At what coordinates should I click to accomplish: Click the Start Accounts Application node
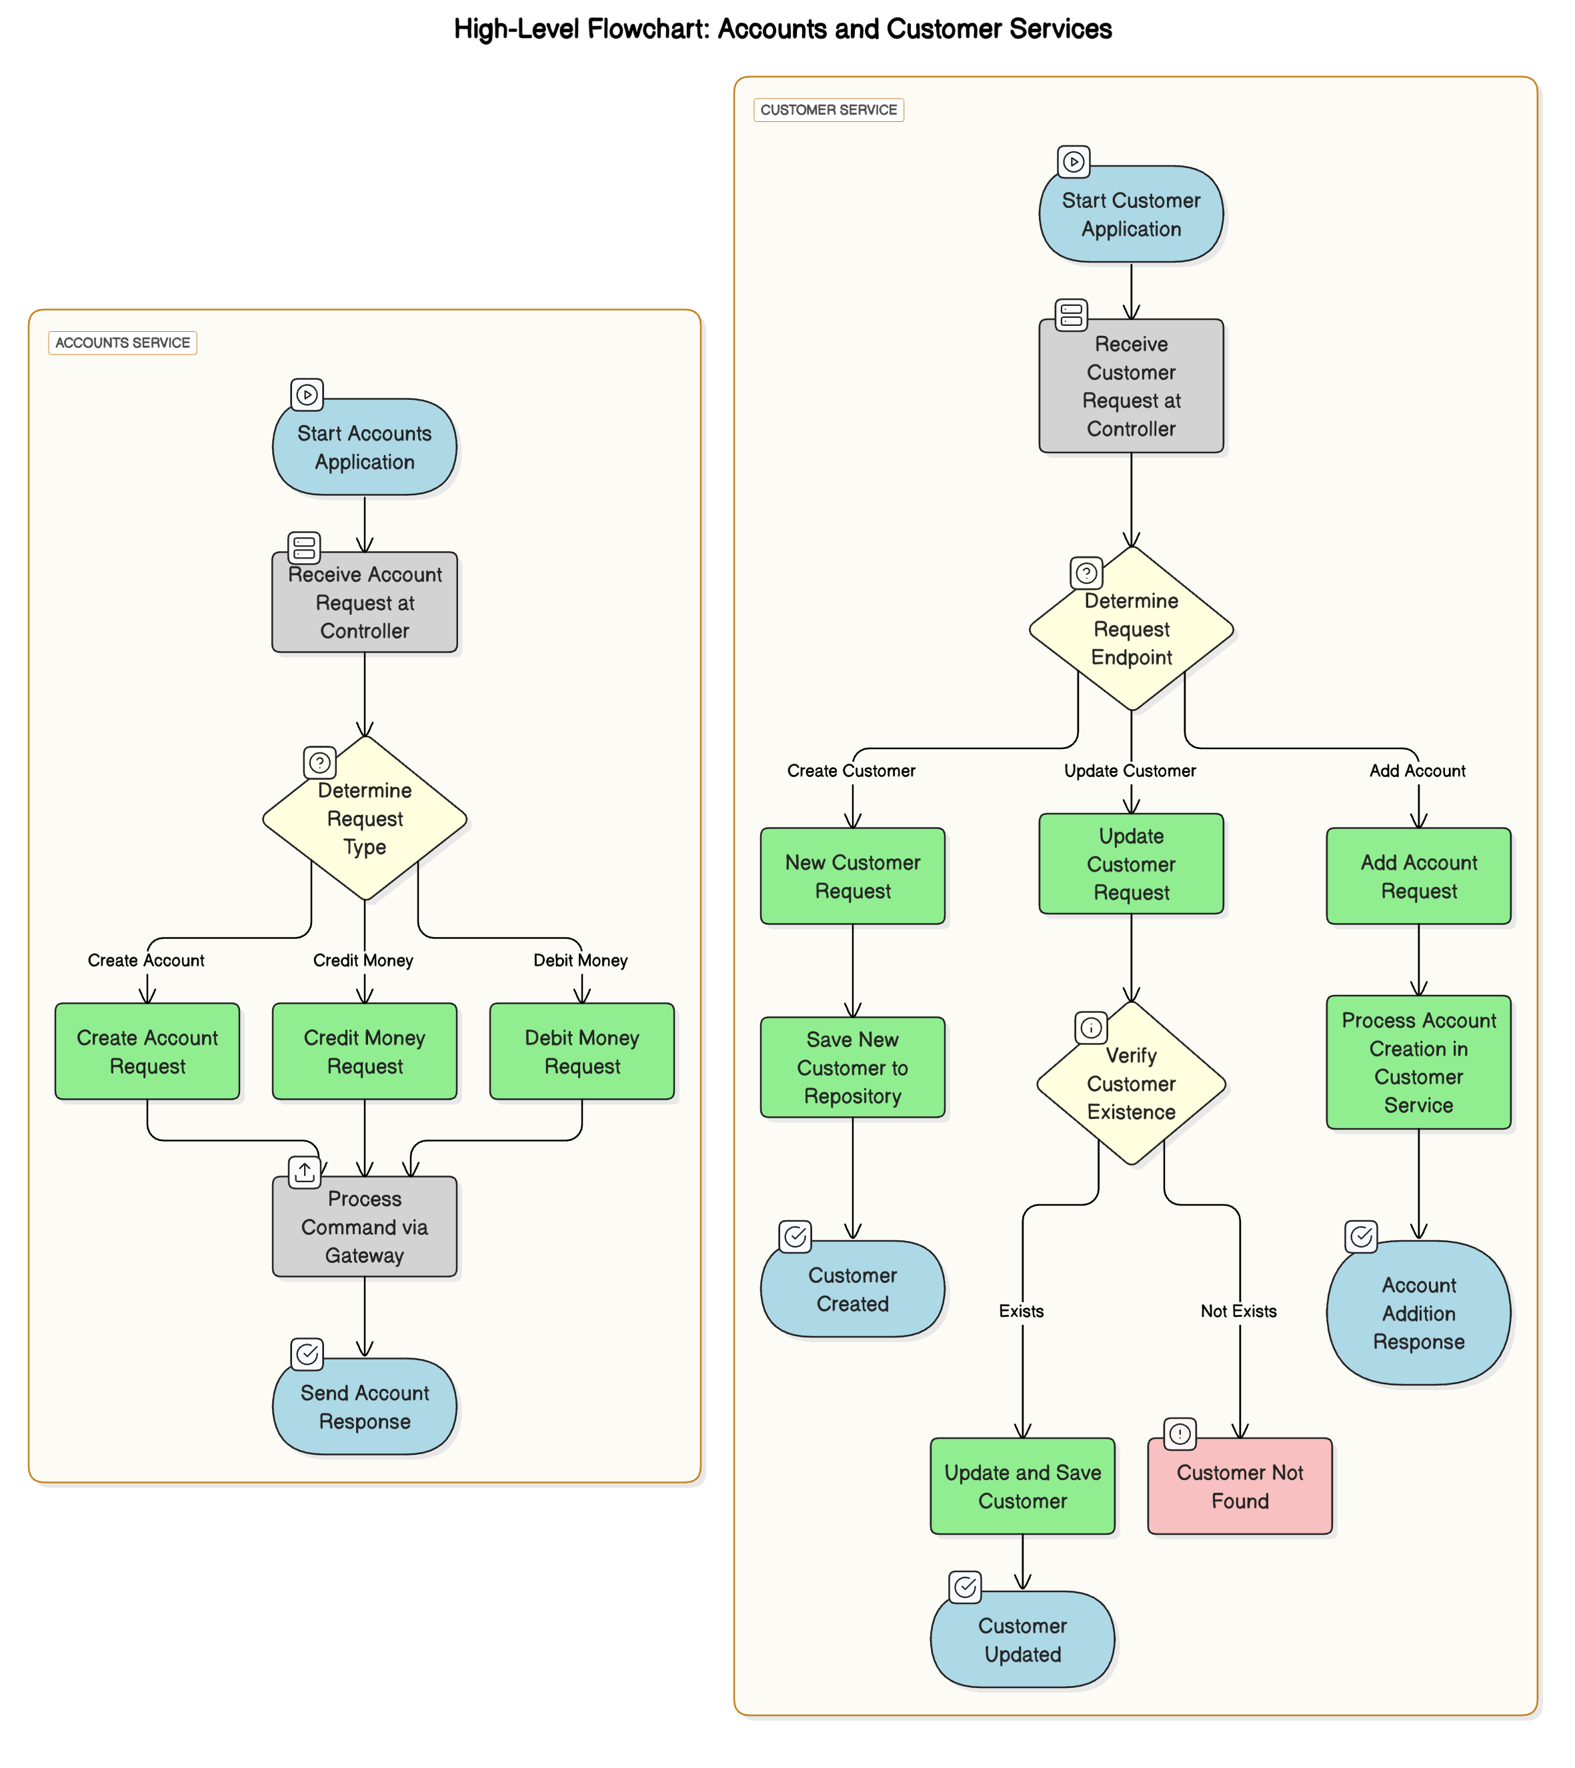364,447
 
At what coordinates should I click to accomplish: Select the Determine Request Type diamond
364,818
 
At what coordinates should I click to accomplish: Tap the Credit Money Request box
364,1051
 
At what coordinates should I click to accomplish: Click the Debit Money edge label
580,960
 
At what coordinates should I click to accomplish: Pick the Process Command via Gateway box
364,1226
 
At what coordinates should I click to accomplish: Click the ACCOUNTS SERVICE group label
123,343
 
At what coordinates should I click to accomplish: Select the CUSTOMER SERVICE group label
828,110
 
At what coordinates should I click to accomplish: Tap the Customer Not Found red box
1239,1486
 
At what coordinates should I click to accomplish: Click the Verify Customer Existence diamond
1131,1083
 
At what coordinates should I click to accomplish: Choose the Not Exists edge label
1238,1312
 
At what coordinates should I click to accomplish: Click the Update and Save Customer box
1022,1486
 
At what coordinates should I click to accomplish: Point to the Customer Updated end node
1022,1639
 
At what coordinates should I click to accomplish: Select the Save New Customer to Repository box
852,1068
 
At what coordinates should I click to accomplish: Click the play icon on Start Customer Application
1073,162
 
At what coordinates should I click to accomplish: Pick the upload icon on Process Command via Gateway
305,1172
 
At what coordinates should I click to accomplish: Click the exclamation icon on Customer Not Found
1180,1433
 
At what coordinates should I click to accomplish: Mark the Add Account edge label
1417,770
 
